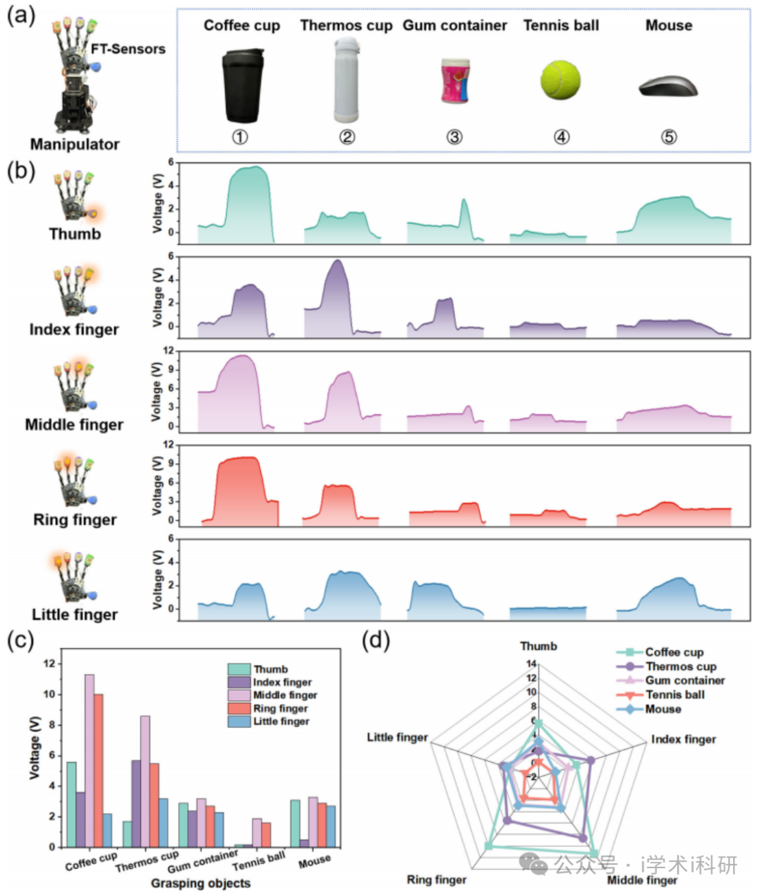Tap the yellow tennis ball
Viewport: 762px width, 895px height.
tap(561, 79)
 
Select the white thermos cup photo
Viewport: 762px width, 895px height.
tap(346, 80)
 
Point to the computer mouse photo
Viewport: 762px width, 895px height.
tap(668, 87)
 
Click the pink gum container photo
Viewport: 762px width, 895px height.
tap(454, 81)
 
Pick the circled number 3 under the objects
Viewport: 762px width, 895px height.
tap(454, 137)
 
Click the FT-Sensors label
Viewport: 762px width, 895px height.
tap(128, 49)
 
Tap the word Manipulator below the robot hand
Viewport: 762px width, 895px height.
tap(75, 144)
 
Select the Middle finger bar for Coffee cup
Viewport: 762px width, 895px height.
tap(90, 760)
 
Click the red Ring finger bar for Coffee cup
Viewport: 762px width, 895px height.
tap(99, 770)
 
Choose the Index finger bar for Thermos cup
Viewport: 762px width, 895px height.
tap(136, 803)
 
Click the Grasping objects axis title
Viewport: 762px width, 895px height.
tap(200, 883)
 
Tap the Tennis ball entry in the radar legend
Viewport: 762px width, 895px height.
tap(675, 695)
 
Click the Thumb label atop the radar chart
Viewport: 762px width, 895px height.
tap(538, 646)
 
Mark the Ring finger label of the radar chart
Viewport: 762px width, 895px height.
tap(437, 879)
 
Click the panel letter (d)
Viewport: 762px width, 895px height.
tap(375, 640)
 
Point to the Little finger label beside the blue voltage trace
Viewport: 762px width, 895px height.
tap(75, 614)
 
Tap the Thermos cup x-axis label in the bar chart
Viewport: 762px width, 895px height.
tap(147, 861)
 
